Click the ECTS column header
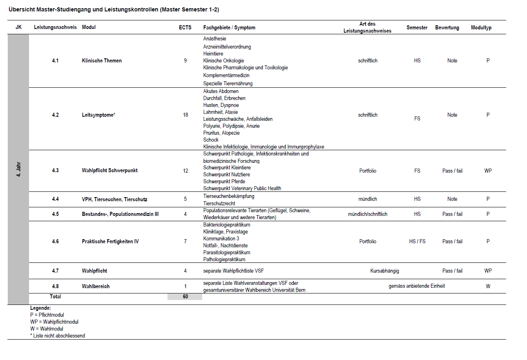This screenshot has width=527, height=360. (185, 27)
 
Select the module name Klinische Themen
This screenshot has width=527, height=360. (102, 61)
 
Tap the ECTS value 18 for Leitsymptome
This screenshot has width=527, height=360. (185, 115)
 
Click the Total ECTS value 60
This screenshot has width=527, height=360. (185, 297)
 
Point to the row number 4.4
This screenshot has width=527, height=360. (55, 199)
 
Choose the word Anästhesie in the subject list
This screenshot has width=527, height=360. (214, 39)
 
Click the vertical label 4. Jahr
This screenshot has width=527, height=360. (18, 169)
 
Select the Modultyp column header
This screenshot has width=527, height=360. (481, 28)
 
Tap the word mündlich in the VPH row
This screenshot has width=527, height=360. (368, 199)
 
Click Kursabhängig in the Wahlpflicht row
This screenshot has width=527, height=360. (384, 271)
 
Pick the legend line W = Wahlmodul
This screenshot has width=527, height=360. (47, 329)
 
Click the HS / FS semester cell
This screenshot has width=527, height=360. (417, 242)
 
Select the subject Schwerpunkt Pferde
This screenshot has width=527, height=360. (224, 182)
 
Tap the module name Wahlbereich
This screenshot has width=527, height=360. (96, 287)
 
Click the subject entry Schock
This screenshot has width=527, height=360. (211, 140)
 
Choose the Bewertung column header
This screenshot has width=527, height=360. (447, 28)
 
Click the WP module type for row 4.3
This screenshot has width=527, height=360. (488, 171)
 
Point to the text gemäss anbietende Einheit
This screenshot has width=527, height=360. (417, 286)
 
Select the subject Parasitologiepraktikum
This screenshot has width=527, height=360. (227, 253)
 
